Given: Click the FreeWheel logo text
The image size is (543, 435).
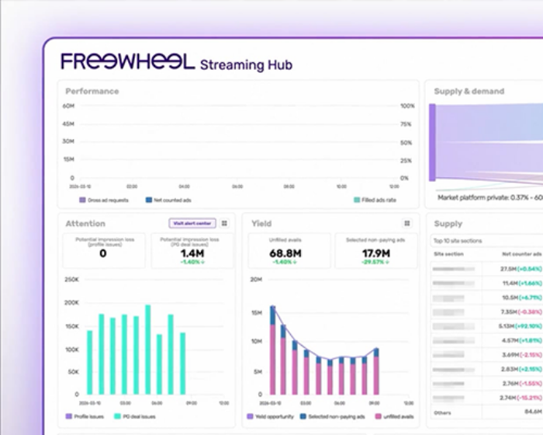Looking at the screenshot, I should (x=128, y=62).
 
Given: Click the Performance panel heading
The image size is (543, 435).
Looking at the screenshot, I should (x=92, y=91).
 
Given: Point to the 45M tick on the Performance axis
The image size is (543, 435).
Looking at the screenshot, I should (x=68, y=124).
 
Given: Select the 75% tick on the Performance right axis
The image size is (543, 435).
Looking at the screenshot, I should (x=406, y=124).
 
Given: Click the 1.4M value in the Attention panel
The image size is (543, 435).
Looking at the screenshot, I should (x=192, y=252).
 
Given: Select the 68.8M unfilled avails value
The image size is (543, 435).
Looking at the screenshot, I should (x=285, y=252).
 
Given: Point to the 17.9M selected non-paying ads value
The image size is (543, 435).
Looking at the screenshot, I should (x=376, y=252).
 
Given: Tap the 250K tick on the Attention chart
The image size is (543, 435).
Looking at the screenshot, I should (x=71, y=279).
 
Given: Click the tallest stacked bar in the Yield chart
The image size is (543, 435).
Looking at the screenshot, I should (x=272, y=350).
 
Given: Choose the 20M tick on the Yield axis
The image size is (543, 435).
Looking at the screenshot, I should (x=258, y=279).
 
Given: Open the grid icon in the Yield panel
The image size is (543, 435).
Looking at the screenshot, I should (x=407, y=223).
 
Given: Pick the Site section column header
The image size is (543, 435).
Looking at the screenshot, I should (x=448, y=254).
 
